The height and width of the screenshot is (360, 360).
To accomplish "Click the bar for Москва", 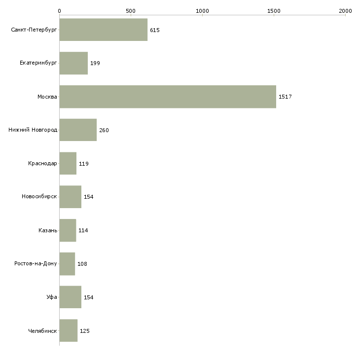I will click(x=168, y=97).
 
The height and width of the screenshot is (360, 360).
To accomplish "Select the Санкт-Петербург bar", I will click(x=103, y=30).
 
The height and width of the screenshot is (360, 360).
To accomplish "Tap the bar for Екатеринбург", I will click(x=73, y=63).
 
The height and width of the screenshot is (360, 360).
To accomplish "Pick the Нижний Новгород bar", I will click(x=78, y=130).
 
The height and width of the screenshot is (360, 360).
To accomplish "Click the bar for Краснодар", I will click(x=68, y=163).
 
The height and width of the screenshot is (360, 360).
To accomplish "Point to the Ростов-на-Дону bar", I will click(x=67, y=264).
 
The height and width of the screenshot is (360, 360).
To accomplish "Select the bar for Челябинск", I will click(x=68, y=330).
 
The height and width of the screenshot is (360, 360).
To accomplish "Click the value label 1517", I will click(x=285, y=97).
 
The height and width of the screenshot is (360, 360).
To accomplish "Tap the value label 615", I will click(x=155, y=30).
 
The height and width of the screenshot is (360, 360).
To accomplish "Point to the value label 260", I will click(x=104, y=130).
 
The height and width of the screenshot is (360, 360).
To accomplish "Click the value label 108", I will click(x=82, y=264).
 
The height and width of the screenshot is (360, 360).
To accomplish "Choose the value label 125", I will click(x=84, y=331).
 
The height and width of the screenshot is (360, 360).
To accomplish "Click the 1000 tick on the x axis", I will click(x=202, y=10).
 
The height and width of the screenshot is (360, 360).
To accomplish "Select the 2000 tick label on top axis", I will click(x=345, y=10).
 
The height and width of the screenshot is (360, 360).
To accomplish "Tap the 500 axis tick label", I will click(x=131, y=10).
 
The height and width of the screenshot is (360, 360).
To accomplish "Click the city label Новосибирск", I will click(x=39, y=197).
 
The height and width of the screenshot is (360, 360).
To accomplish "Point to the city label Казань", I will click(x=47, y=230).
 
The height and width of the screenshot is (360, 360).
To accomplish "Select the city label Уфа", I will click(x=52, y=297).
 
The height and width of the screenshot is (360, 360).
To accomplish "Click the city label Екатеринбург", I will click(x=38, y=63).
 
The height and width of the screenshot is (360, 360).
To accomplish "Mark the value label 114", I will click(x=83, y=230).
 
